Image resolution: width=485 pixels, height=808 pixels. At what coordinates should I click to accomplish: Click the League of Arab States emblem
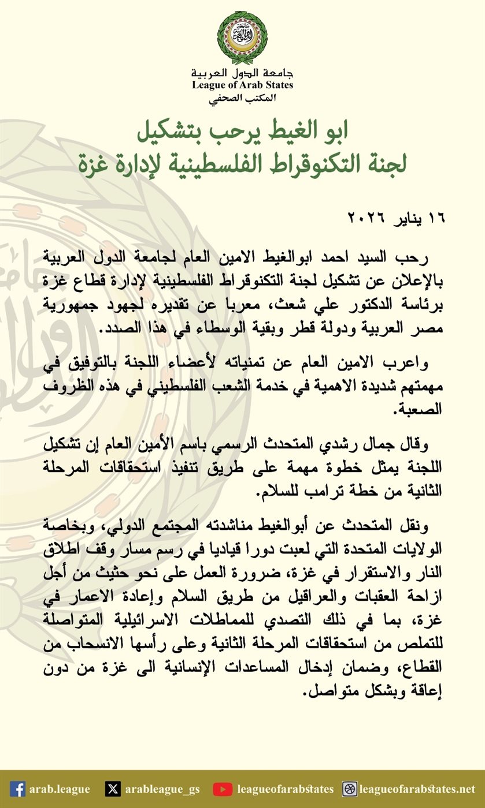pos(242,37)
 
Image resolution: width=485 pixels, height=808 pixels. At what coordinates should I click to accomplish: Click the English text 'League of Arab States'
pos(243,85)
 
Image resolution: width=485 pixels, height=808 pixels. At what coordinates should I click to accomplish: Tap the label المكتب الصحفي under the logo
pos(243,98)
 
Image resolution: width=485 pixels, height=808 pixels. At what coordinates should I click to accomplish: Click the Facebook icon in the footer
pos(18,789)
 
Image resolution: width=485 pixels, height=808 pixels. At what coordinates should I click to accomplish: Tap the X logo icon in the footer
pos(113,789)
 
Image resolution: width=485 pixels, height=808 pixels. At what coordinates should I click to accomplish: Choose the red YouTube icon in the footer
pos(223,789)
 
